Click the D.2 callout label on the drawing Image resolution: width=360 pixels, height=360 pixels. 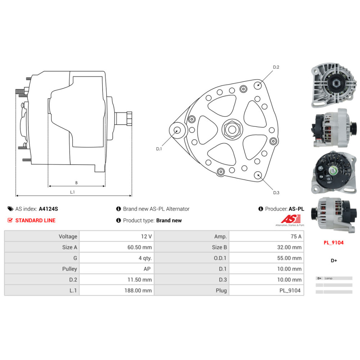(276, 67)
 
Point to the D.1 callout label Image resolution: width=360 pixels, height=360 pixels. (159, 149)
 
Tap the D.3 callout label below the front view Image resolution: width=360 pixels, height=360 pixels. (276, 193)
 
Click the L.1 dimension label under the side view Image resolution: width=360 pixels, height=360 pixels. (72, 192)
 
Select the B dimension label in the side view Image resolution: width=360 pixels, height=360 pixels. (76, 183)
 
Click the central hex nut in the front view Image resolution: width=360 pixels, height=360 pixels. (232, 130)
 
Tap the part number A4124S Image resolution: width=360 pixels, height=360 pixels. (49, 209)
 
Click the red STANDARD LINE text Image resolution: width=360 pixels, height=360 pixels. (35, 220)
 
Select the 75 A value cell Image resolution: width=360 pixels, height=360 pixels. (296, 237)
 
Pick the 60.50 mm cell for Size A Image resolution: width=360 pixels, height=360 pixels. (140, 247)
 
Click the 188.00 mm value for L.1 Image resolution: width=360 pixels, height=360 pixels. (138, 291)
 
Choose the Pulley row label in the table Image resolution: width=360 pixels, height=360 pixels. (69, 269)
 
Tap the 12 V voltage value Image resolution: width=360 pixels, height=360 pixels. (146, 237)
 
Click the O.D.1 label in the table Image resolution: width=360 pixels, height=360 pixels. (220, 258)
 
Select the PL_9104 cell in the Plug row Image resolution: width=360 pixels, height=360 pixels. (290, 291)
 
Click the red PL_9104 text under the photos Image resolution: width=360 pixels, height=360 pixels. (334, 243)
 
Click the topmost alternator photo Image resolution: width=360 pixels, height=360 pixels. (334, 85)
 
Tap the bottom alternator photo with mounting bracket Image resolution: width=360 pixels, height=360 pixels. (334, 215)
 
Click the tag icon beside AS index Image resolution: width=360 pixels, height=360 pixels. (10, 209)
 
